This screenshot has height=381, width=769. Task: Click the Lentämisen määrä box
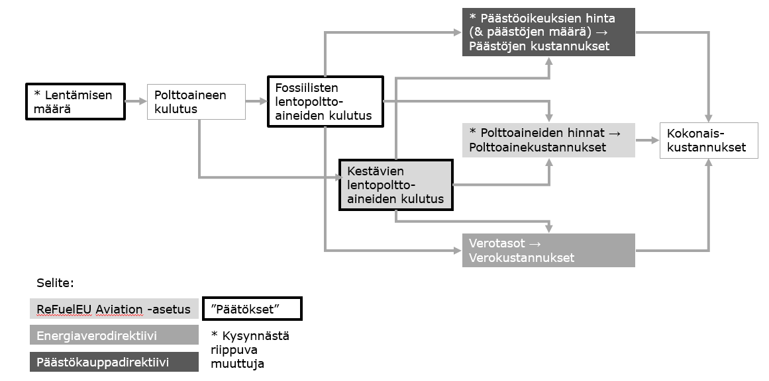[x=75, y=101]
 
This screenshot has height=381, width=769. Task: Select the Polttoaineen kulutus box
[x=196, y=102]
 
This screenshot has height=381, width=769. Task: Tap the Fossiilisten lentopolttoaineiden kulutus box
[x=325, y=101]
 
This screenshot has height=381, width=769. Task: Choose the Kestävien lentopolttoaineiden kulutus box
[x=395, y=185]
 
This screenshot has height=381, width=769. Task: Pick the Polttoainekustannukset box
[x=549, y=140]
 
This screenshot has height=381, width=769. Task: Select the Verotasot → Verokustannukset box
[x=548, y=250]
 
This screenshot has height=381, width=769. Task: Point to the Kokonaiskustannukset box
[x=708, y=140]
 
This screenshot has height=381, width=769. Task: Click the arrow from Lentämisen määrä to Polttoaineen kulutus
[x=135, y=102]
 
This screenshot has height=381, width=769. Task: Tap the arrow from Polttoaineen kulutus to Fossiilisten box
[x=256, y=102]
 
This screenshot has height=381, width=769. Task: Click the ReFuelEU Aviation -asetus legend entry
[x=114, y=309]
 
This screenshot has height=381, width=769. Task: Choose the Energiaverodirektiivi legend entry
[x=114, y=335]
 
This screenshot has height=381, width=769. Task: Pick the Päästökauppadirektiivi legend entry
[x=114, y=362]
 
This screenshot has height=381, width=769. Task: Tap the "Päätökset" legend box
[x=252, y=309]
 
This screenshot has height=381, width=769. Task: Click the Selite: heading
[x=55, y=283]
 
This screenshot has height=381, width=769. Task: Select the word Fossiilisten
[x=307, y=88]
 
